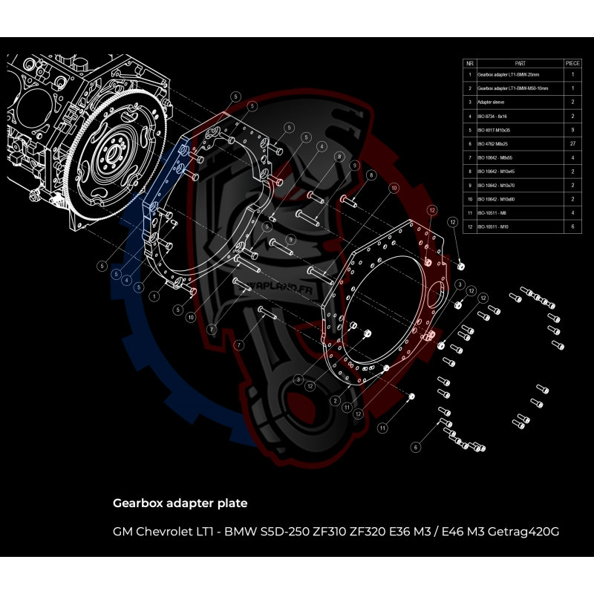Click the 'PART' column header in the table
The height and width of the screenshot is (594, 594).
pyautogui.click(x=519, y=64)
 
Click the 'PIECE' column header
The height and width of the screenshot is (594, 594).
pyautogui.click(x=572, y=64)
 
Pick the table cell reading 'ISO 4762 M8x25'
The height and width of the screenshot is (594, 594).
pyautogui.click(x=492, y=142)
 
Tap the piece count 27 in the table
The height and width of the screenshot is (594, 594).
pyautogui.click(x=572, y=142)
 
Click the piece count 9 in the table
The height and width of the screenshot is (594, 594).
pyautogui.click(x=572, y=128)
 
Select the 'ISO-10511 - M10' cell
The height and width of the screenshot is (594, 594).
pyautogui.click(x=493, y=226)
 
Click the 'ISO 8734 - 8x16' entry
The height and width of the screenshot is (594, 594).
pyautogui.click(x=492, y=115)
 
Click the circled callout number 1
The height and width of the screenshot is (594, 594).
pyautogui.click(x=154, y=295)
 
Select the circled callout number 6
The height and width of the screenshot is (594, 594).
pyautogui.click(x=416, y=447)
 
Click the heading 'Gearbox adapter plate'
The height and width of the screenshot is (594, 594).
pyautogui.click(x=180, y=503)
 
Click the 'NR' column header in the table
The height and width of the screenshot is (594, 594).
pyautogui.click(x=469, y=64)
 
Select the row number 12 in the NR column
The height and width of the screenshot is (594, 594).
pyautogui.click(x=469, y=226)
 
